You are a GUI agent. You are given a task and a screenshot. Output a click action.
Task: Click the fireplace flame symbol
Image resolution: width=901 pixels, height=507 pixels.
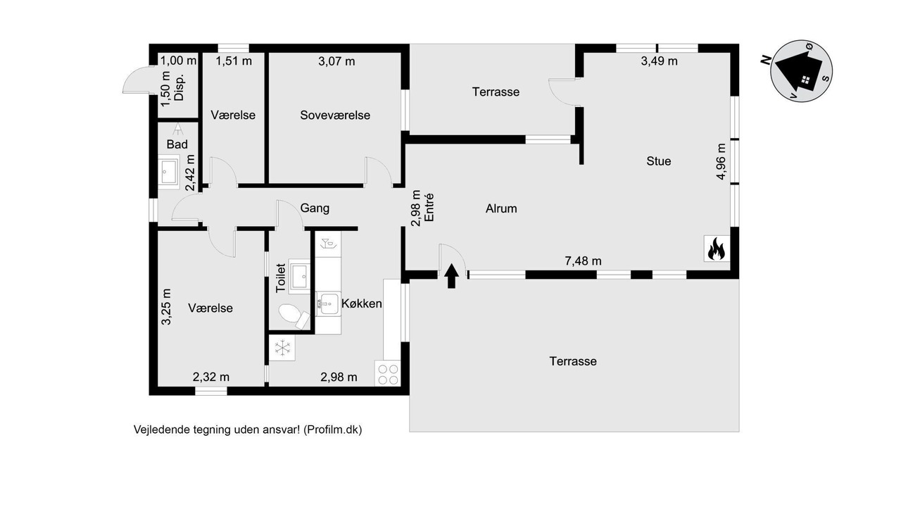tap(717, 249)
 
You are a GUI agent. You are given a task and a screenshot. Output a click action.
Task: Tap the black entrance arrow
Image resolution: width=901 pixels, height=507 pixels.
tap(451, 276)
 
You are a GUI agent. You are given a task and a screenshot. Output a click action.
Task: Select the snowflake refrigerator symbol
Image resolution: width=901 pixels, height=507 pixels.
tap(282, 348)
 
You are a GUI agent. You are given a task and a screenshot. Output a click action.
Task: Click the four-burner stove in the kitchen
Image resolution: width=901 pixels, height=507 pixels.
tap(388, 374)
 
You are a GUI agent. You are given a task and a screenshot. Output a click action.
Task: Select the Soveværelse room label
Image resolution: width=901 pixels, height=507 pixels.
tap(335, 115)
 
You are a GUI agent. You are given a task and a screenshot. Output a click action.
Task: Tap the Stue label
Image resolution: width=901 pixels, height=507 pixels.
tap(659, 161)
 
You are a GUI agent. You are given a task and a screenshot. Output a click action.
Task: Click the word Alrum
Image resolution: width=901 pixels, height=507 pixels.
tap(501, 208)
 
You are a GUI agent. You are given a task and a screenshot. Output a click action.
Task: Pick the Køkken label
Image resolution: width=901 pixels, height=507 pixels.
tap(362, 303)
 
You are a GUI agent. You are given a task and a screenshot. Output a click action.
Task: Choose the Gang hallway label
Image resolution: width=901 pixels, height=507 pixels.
tap(315, 208)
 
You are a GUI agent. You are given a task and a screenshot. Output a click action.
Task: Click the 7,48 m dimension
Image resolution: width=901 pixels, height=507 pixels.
tap(584, 261)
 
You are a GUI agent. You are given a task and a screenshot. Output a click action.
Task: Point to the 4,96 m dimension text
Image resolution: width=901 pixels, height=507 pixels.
tap(722, 161)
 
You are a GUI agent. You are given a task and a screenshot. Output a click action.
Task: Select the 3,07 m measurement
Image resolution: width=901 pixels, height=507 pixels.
tap(336, 61)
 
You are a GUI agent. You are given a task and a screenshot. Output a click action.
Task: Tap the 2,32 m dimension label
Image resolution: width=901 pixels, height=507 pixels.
tap(211, 377)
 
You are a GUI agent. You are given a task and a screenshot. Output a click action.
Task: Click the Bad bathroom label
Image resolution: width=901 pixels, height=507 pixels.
tap(177, 144)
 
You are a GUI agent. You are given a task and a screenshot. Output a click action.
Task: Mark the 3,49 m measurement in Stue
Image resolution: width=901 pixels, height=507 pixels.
tap(660, 61)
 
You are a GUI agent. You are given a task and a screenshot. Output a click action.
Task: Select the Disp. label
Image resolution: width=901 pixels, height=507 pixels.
tap(179, 87)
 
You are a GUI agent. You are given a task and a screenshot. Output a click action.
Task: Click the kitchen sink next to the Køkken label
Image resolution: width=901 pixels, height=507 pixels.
tap(328, 303)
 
